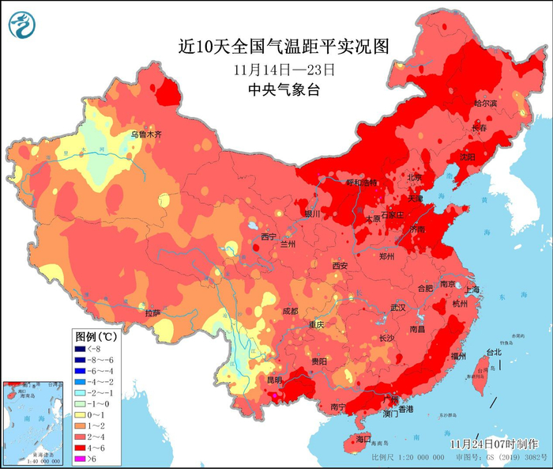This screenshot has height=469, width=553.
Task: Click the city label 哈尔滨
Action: click(486, 104)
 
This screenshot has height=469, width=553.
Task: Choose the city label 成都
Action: click(289, 311)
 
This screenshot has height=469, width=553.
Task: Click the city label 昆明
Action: click(274, 380)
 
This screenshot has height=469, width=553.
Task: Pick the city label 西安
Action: click(340, 266)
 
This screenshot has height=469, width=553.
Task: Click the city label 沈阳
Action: click(468, 157)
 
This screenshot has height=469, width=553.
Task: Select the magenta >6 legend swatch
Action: click(80, 459)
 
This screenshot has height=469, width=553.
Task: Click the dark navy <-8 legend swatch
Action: click(80, 348)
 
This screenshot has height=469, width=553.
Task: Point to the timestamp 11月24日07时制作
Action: click(499, 444)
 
